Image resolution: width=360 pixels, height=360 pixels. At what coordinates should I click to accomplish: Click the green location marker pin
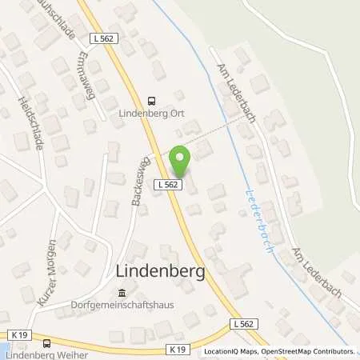(x=181, y=162)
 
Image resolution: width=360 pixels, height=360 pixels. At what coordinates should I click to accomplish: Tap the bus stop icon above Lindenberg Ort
(x=151, y=100)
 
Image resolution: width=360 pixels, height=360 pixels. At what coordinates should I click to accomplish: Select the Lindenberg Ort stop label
(x=151, y=113)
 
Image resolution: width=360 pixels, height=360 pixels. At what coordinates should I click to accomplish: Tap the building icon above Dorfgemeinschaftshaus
(x=122, y=291)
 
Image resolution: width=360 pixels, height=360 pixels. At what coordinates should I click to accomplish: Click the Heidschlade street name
(x=30, y=124)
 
